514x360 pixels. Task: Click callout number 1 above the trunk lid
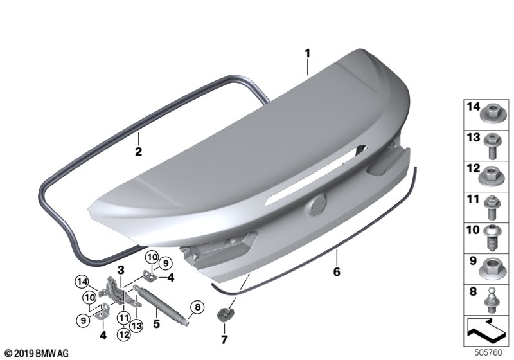[307, 53]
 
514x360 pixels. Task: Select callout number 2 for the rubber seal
[139, 152]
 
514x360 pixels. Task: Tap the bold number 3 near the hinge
[121, 270]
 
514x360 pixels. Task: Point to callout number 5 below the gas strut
[157, 323]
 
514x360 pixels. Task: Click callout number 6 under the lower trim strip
[337, 272]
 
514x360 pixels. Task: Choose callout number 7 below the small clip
[224, 339]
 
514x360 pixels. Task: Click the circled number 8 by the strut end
[197, 307]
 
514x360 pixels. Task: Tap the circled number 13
[136, 325]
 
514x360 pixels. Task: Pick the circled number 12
[123, 335]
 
